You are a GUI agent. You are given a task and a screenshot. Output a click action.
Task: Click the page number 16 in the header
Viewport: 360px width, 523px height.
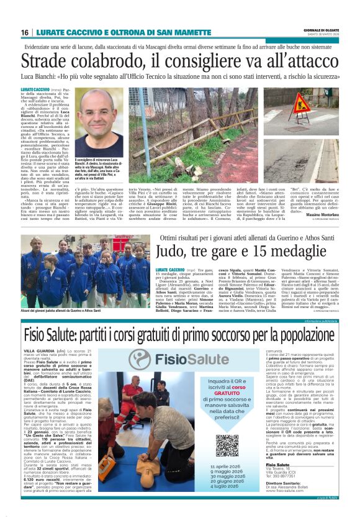[24, 32]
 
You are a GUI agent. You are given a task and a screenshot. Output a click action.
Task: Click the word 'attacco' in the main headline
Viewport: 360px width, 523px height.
[307, 61]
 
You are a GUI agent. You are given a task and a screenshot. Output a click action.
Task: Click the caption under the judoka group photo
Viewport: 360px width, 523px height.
[60, 310]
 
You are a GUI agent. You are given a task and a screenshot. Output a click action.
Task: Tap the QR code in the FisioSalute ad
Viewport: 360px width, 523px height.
[227, 444]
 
